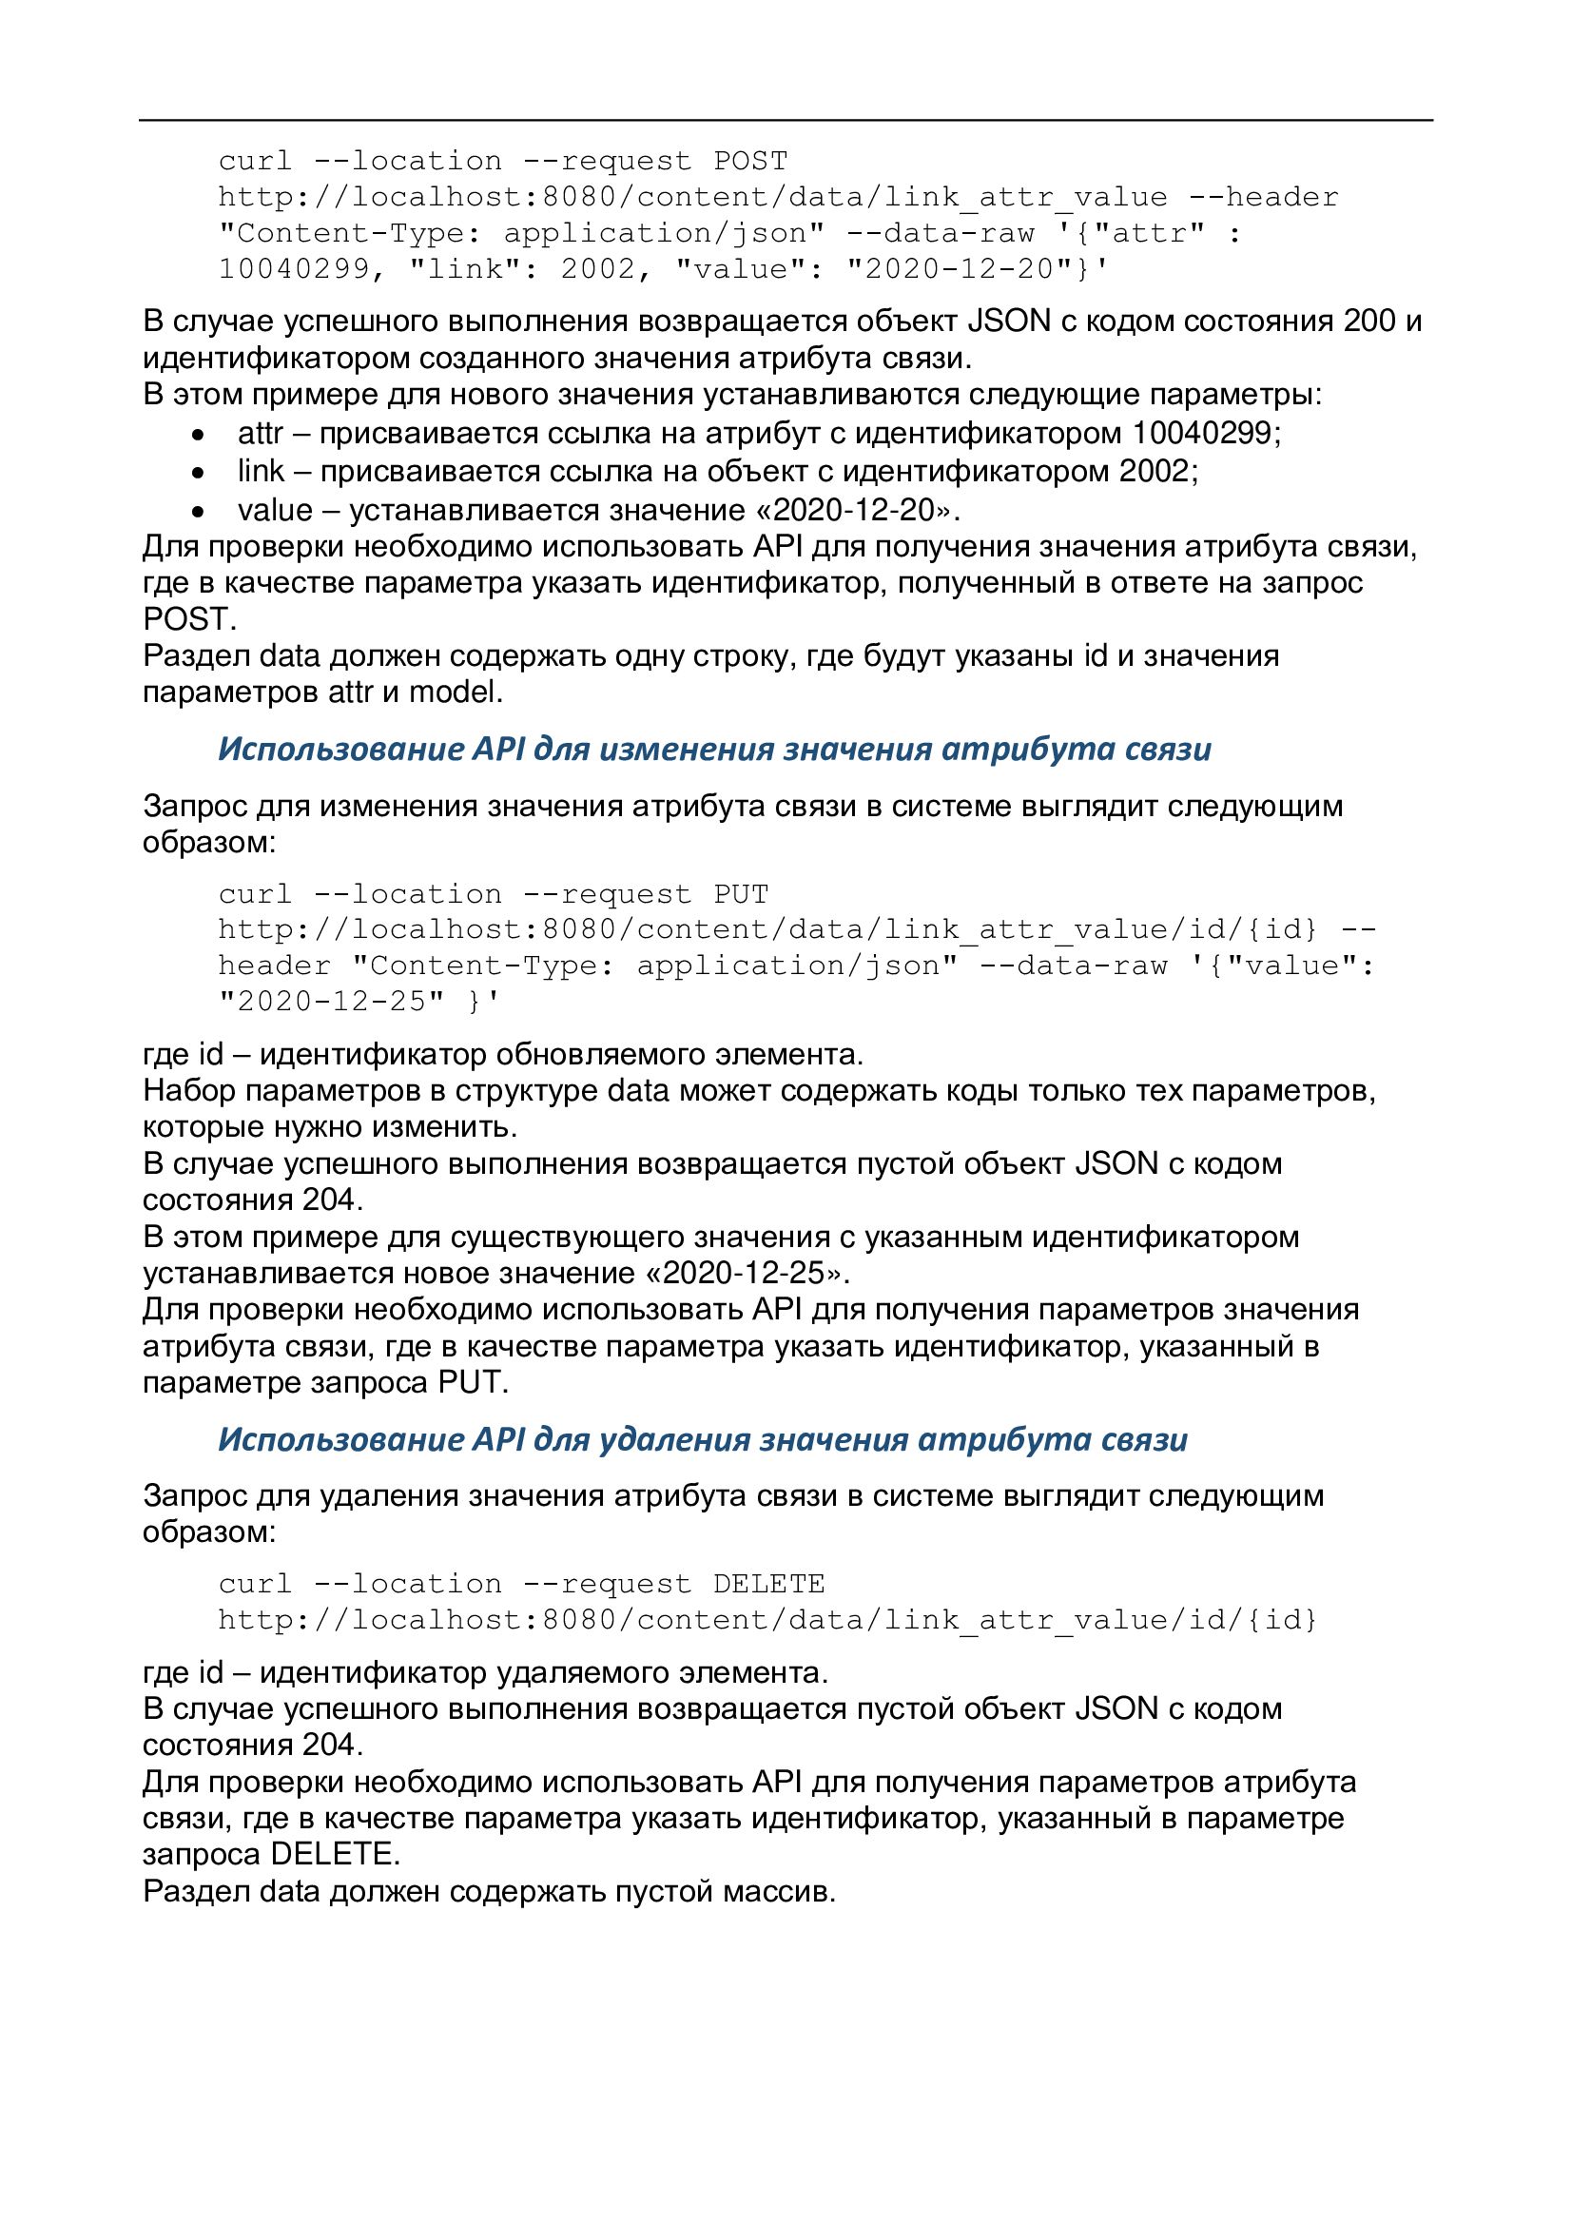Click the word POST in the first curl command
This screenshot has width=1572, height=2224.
point(750,161)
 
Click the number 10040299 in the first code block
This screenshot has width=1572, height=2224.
point(295,269)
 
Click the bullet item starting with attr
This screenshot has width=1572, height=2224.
point(759,433)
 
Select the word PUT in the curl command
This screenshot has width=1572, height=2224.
point(741,894)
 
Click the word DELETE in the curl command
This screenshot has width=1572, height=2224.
point(769,1584)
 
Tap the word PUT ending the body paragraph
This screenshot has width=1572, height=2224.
point(472,1382)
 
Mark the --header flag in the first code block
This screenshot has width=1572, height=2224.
point(1264,198)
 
